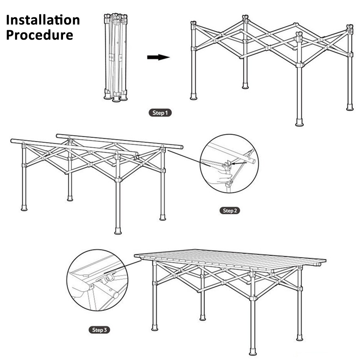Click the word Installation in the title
[x=43, y=20]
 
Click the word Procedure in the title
[x=40, y=35]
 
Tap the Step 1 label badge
[x=160, y=113]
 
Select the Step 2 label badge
[x=229, y=211]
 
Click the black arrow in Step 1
[x=158, y=57]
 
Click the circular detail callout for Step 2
[x=229, y=164]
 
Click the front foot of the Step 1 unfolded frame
[x=299, y=122]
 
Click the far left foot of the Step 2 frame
[x=24, y=208]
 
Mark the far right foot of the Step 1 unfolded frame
[x=350, y=107]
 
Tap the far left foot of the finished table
[x=154, y=328]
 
